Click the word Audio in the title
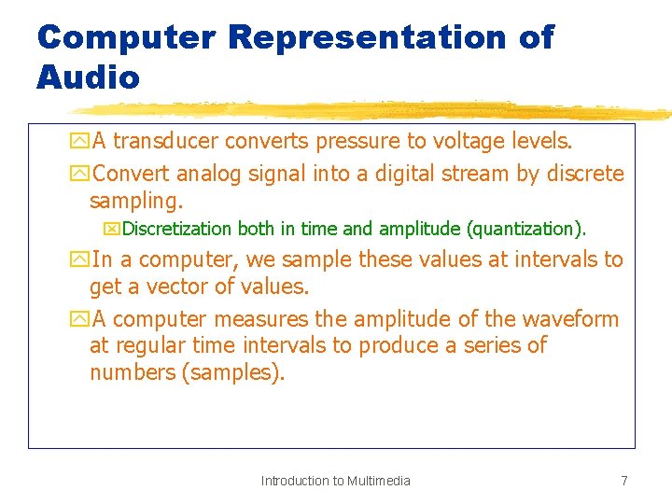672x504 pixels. click(x=88, y=76)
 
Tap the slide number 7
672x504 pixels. click(x=623, y=481)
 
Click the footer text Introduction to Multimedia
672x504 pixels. click(x=335, y=481)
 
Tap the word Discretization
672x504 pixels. click(x=177, y=229)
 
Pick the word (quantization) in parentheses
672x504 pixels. click(x=526, y=229)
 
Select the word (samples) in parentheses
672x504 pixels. click(x=233, y=373)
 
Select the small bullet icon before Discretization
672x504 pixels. click(x=114, y=229)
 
